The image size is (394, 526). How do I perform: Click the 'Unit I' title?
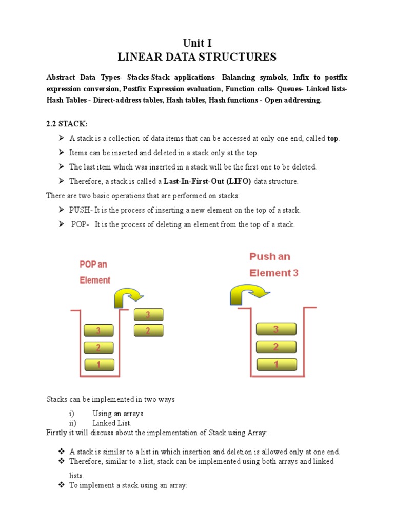coord(197,43)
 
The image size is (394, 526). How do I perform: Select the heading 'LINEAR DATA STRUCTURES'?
coord(197,57)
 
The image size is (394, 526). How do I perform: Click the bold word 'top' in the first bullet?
coord(333,139)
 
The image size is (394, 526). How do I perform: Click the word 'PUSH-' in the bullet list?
coord(81,210)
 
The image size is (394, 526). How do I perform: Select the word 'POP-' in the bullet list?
coord(81,224)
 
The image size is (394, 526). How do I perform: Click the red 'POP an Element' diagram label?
coord(95,272)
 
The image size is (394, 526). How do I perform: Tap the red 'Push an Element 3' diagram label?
coord(273,265)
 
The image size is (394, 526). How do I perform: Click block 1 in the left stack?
coord(98,365)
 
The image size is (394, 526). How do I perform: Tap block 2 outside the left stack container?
coord(148,331)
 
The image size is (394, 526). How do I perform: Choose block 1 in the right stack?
coord(276,365)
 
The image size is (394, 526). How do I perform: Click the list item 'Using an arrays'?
coord(117,413)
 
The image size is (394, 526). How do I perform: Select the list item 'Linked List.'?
coord(112,423)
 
